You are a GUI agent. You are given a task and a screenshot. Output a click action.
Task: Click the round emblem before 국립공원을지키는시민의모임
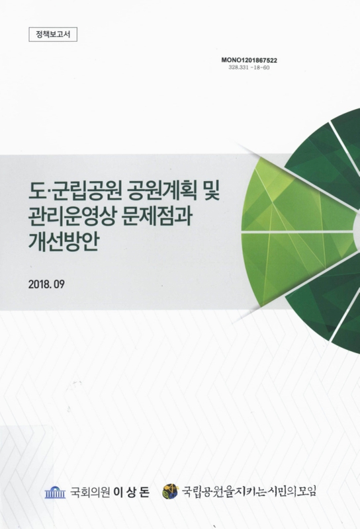coord(170,491)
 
